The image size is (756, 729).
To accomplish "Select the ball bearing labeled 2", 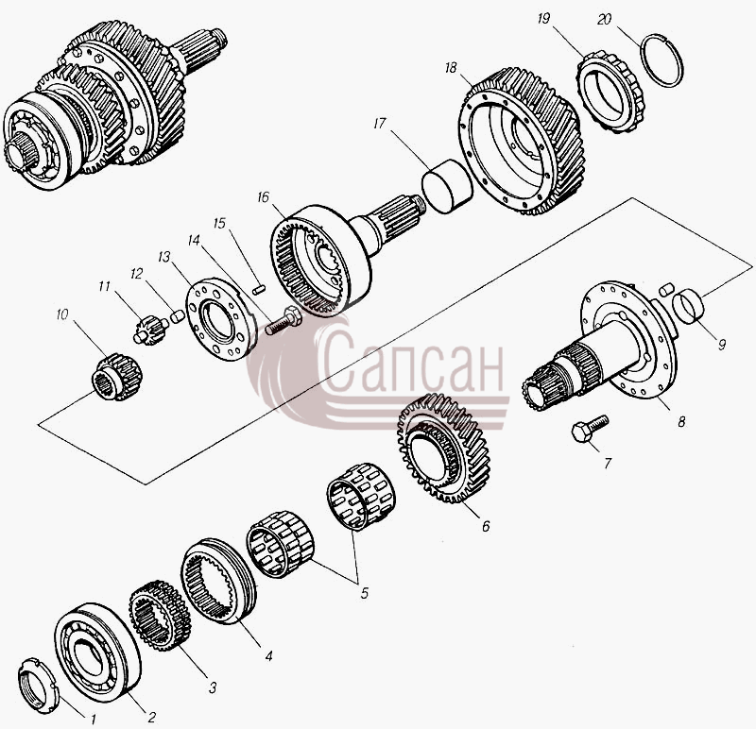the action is [97, 653].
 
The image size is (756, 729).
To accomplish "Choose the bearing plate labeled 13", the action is [221, 318].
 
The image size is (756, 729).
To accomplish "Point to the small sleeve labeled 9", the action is [689, 304].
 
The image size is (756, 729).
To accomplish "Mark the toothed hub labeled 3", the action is [160, 616].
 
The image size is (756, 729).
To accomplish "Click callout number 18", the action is [451, 68].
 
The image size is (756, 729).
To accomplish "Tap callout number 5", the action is [364, 593].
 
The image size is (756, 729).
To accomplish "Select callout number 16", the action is [264, 197].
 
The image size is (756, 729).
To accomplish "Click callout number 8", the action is [681, 421].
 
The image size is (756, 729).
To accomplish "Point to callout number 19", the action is [543, 19].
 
